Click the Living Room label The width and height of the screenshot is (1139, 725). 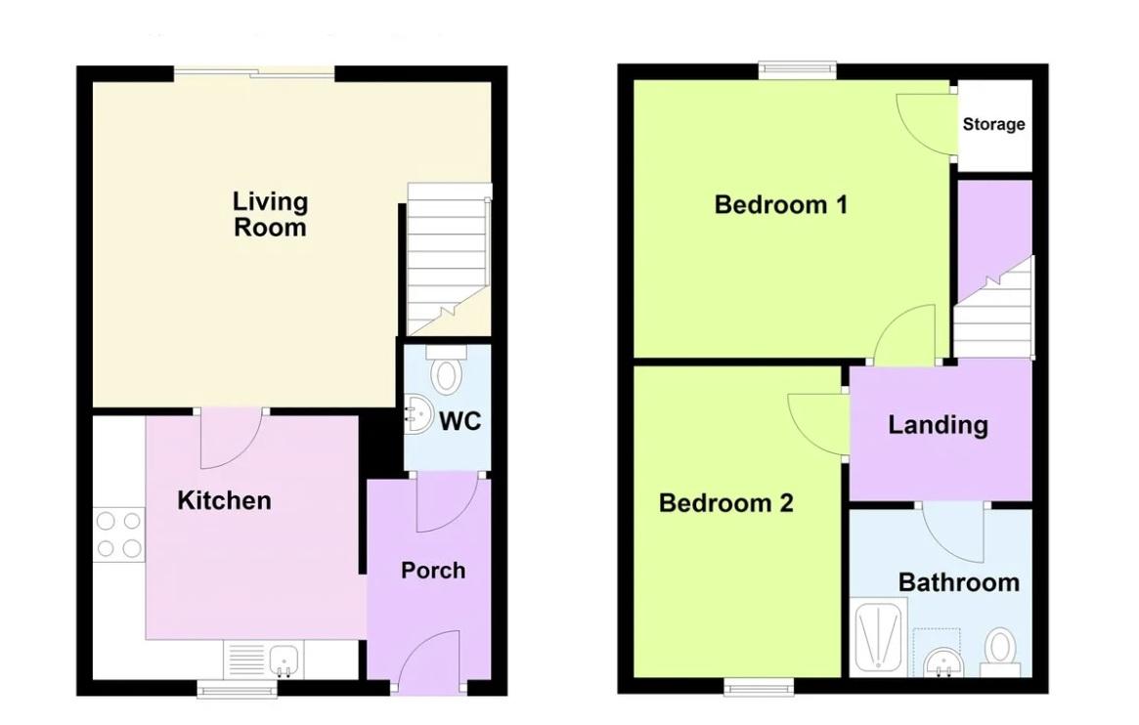tap(270, 214)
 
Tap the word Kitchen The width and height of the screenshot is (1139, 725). tap(225, 500)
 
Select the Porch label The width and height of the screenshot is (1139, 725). tap(433, 571)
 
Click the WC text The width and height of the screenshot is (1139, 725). tap(460, 421)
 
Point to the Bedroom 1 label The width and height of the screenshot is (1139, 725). tap(781, 204)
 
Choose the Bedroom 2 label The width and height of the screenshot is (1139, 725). tap(725, 503)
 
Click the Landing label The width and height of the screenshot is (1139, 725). tap(938, 425)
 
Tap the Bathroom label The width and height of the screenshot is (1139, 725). tap(959, 582)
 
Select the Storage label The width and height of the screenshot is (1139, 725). tap(993, 124)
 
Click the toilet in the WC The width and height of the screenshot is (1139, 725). tap(446, 370)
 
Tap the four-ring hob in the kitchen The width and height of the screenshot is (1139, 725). tap(118, 534)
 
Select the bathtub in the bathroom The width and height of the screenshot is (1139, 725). tap(878, 636)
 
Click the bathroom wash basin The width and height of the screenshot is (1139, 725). tap(944, 661)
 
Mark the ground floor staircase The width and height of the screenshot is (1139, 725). tap(448, 260)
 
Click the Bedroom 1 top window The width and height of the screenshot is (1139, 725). tap(797, 70)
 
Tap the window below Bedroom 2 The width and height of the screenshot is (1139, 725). tap(759, 686)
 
